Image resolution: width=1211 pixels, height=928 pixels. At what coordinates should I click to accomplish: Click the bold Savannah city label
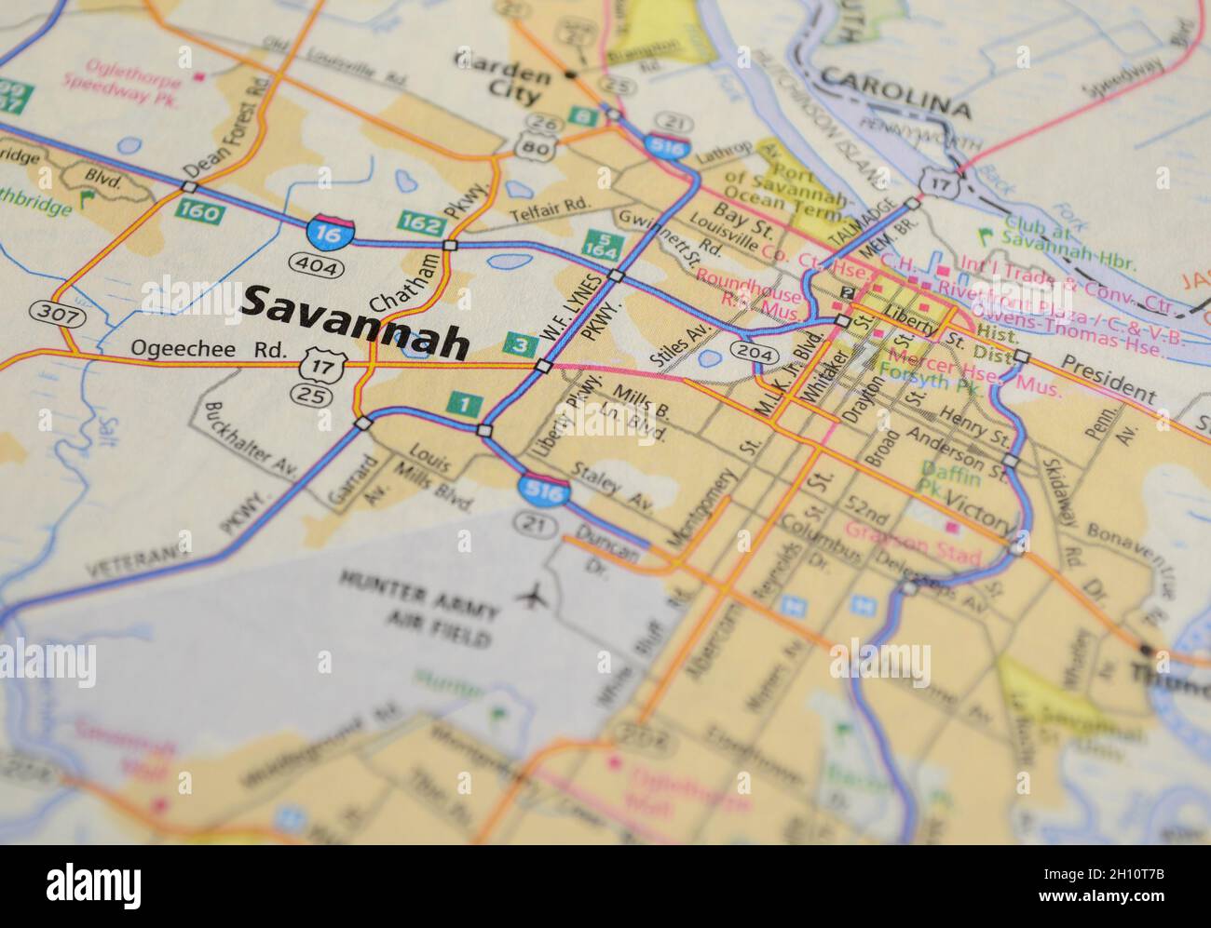[355, 322]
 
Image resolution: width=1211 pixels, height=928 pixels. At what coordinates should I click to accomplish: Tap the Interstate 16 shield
[331, 231]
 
